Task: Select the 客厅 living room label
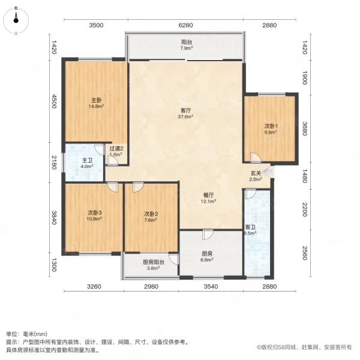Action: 186,110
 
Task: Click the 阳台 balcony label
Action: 187,42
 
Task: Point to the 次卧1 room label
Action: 271,126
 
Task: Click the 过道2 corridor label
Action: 116,148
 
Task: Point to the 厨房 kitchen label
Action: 206,253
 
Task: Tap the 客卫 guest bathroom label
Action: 250,227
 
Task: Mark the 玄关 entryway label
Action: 256,173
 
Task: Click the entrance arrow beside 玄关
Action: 268,173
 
